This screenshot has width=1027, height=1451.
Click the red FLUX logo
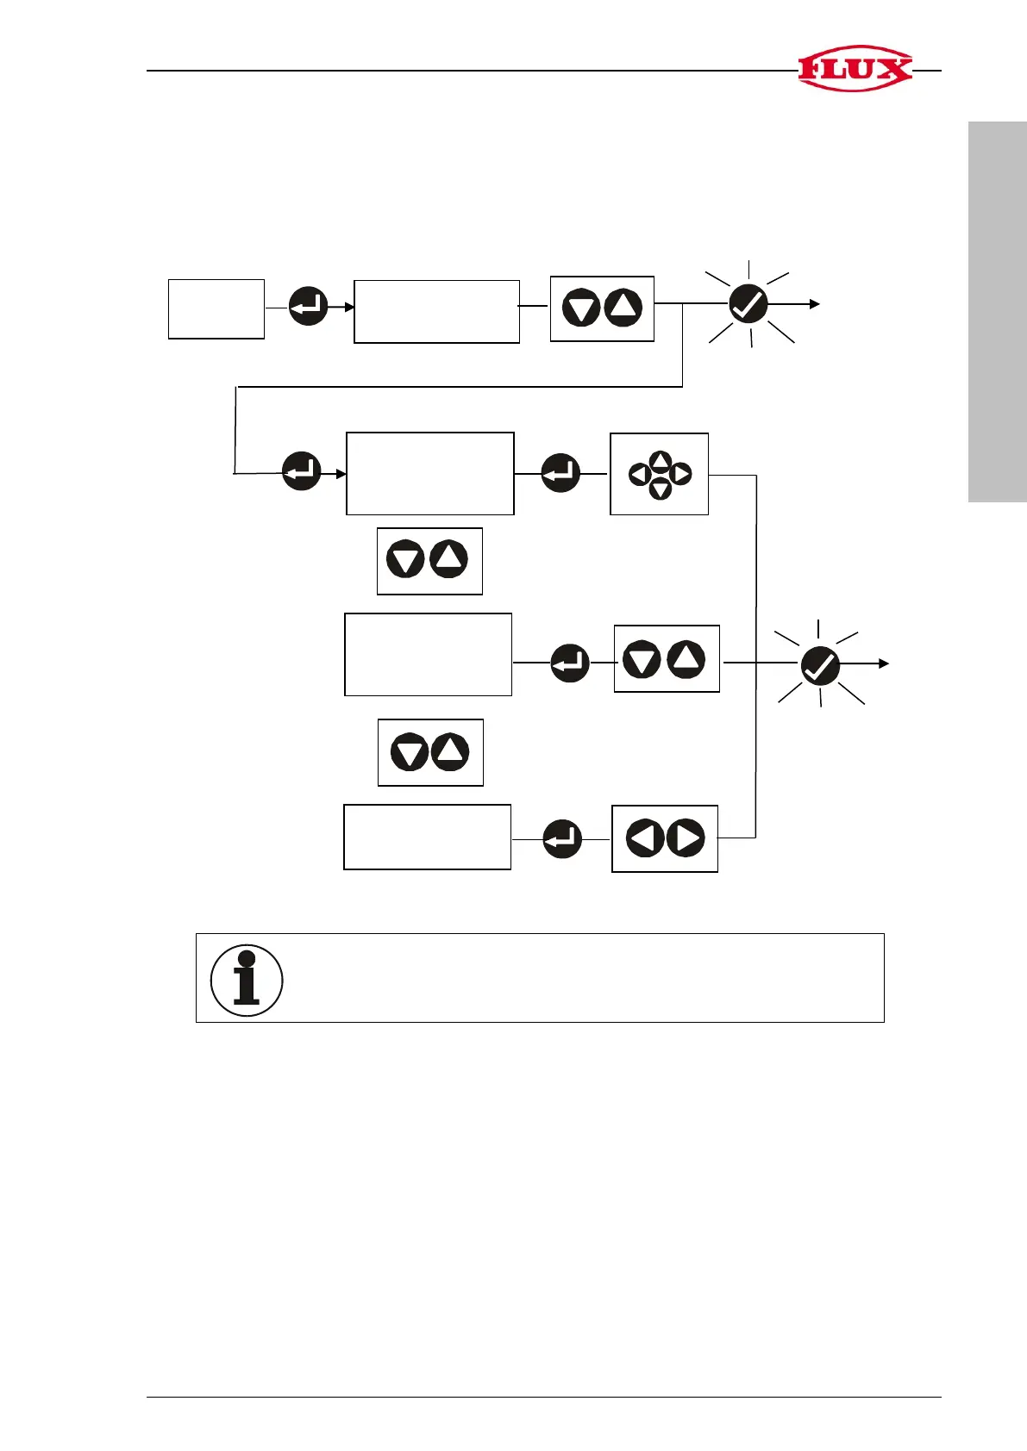(x=855, y=68)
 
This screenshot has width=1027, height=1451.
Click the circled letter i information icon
(x=247, y=980)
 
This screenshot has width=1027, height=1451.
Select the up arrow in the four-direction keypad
(x=660, y=458)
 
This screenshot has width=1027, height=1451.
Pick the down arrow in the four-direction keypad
(x=660, y=489)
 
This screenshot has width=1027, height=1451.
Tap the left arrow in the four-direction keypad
(x=639, y=474)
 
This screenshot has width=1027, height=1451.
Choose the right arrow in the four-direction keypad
(x=680, y=474)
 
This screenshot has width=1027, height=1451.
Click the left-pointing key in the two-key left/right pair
(x=644, y=838)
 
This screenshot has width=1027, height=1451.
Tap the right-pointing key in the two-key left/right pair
(x=686, y=838)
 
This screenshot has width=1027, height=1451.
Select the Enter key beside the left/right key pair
(x=562, y=838)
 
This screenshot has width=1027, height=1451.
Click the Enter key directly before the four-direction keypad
(x=560, y=473)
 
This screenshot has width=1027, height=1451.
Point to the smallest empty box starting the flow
(x=216, y=308)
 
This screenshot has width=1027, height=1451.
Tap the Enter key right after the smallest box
(x=308, y=306)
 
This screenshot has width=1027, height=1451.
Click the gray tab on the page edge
(x=997, y=312)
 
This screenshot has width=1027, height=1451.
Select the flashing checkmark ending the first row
(x=748, y=304)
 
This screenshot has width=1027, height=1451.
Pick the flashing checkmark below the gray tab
(x=820, y=665)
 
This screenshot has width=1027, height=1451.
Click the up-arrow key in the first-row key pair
(x=623, y=308)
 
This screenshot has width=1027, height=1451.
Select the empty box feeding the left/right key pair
(x=427, y=837)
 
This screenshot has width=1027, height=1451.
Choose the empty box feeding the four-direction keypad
(x=429, y=473)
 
